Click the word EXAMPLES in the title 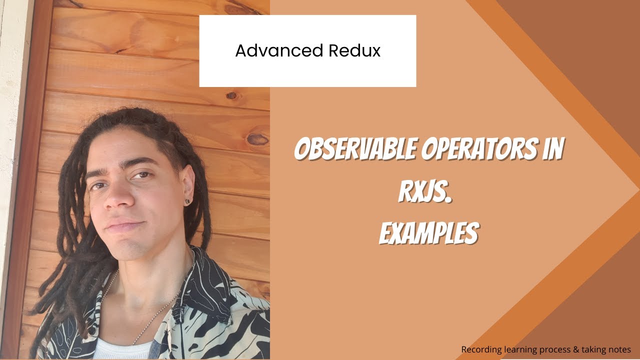(428, 232)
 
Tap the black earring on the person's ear (187, 201)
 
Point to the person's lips (120, 226)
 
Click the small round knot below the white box (231, 95)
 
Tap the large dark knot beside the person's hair (257, 139)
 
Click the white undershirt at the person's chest (122, 348)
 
